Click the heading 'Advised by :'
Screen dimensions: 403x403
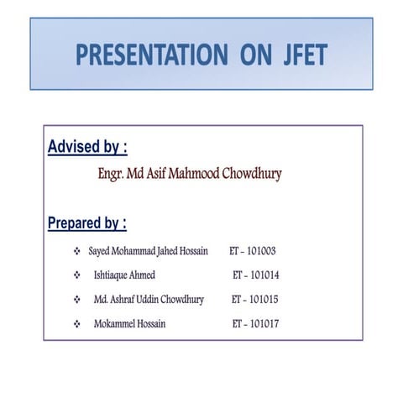[x=87, y=148]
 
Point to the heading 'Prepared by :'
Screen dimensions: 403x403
[x=87, y=223]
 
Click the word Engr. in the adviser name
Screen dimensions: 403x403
[x=113, y=175]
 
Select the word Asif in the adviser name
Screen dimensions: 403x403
[x=165, y=175]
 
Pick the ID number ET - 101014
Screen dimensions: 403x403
[x=256, y=275]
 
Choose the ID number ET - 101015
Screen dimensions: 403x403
[x=255, y=299]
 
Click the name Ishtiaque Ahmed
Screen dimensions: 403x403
[x=125, y=275]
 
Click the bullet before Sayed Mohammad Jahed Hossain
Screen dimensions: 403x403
[x=77, y=250]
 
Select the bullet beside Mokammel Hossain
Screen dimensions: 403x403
[x=77, y=323]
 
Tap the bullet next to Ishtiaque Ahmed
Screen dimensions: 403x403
[x=77, y=275]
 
